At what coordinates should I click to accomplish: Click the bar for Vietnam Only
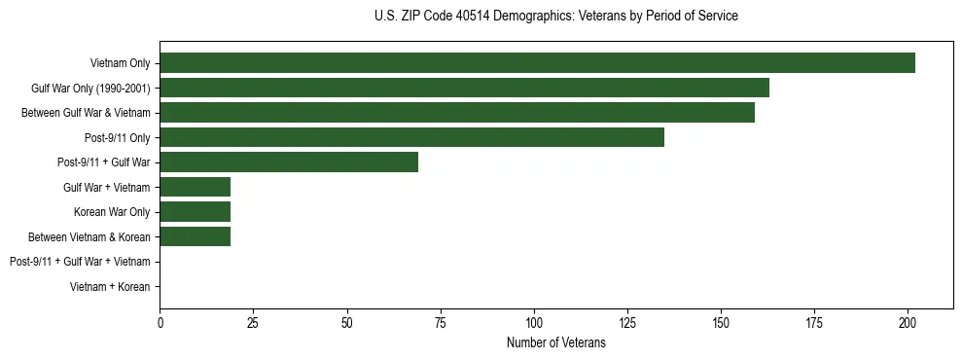[x=537, y=63]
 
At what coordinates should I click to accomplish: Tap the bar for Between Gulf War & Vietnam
[x=457, y=113]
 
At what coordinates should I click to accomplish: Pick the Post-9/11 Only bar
[x=411, y=137]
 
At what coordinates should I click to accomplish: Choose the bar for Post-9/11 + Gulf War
[x=289, y=162]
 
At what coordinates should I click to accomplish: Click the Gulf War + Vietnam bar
[x=195, y=187]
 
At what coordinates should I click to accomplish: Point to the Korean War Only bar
[x=195, y=212]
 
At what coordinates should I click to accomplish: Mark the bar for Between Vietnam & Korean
[x=195, y=236]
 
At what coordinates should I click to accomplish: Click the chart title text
[x=555, y=17]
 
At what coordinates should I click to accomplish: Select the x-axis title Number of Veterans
[x=555, y=343]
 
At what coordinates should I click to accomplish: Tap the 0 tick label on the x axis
[x=160, y=323]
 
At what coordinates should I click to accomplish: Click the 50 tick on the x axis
[x=347, y=323]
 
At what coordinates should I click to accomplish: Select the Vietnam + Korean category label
[x=110, y=287]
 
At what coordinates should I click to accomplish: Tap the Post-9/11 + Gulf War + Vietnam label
[x=80, y=262]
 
